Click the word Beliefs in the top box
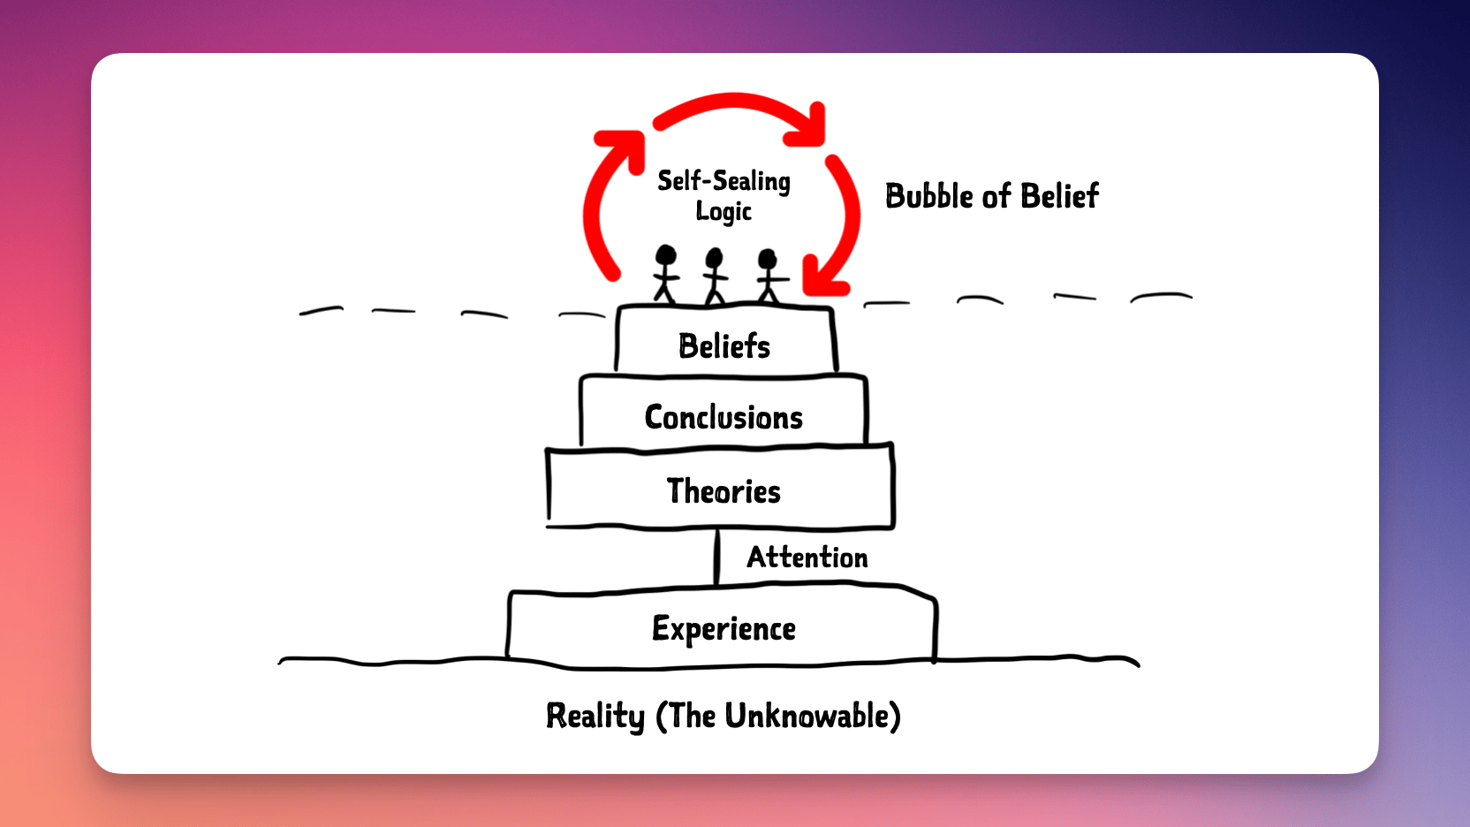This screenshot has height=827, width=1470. (724, 345)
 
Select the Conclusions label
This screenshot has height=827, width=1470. (724, 417)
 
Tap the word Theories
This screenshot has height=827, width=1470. (724, 491)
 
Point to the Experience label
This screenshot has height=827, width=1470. (724, 629)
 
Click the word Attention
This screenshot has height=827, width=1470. (807, 558)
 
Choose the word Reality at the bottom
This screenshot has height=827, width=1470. (595, 716)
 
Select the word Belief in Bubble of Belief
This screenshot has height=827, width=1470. (1059, 196)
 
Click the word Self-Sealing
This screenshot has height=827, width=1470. (724, 181)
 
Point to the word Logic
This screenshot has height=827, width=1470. (724, 212)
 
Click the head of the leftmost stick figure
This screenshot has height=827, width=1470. (665, 254)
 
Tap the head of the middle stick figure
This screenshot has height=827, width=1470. (714, 257)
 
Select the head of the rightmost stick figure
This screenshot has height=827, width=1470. (767, 259)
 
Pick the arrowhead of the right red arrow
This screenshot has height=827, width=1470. (824, 278)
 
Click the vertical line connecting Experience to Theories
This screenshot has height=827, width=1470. (716, 557)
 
